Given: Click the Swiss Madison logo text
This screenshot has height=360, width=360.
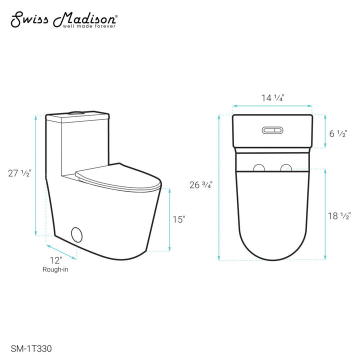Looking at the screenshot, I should pyautogui.click(x=64, y=18).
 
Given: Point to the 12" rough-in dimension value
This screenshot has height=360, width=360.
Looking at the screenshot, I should pyautogui.click(x=55, y=260).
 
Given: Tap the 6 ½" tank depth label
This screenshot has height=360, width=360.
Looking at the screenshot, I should pyautogui.click(x=339, y=133).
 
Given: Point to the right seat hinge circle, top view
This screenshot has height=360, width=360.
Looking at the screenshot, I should pyautogui.click(x=285, y=168).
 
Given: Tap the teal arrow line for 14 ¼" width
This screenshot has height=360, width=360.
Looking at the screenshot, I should pyautogui.click(x=272, y=106).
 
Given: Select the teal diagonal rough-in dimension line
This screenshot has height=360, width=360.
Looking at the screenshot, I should pyautogui.click(x=61, y=252).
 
